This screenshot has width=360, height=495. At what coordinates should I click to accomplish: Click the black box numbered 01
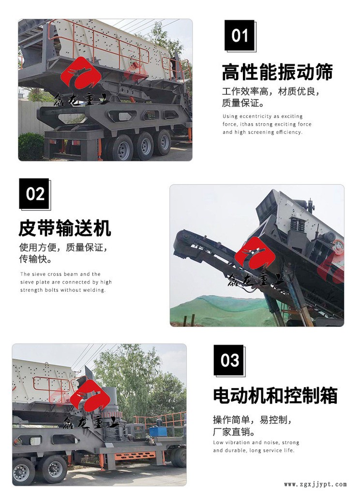240,35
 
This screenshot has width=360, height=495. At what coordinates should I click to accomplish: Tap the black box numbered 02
34,193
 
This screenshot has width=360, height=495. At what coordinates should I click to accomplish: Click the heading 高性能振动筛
277,73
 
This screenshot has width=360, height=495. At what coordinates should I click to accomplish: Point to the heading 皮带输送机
65,228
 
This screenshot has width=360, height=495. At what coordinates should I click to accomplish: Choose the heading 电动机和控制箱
275,395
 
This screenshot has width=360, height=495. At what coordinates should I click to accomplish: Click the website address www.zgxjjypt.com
315,484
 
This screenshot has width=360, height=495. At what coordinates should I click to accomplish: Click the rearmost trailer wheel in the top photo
164,143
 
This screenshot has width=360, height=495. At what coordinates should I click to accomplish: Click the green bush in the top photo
31,146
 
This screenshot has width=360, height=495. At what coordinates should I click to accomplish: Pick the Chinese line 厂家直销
234,432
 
